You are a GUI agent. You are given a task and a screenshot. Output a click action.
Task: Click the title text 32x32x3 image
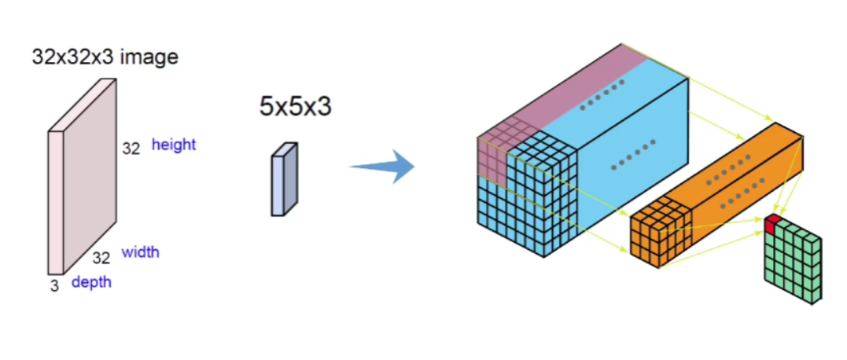[x=105, y=57]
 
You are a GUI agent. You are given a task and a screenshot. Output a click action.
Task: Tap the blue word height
[x=174, y=145]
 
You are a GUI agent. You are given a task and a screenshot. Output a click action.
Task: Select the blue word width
[x=140, y=252]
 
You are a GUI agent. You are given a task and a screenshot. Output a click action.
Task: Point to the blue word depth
[x=91, y=282]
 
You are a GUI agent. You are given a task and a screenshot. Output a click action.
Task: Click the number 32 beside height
[x=131, y=147]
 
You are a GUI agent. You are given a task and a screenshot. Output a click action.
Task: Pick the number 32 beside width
[x=101, y=258]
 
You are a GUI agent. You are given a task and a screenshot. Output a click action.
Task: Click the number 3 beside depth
[x=54, y=286]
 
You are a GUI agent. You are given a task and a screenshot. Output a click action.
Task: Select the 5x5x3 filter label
[x=295, y=106]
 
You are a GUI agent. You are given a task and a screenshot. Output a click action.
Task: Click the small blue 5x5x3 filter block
[x=284, y=179]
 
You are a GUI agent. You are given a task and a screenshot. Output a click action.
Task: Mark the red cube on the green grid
[x=774, y=223]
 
